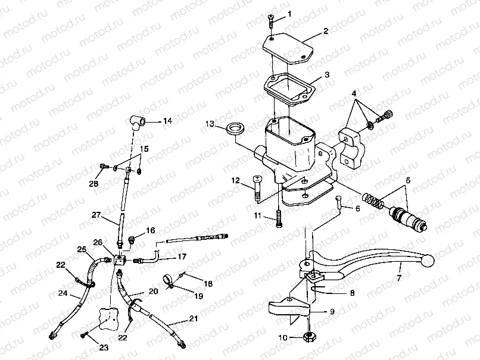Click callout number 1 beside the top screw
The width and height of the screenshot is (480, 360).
[x=289, y=13]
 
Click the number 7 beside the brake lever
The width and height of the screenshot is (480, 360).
[x=398, y=278]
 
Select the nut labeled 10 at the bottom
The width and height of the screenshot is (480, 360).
[x=310, y=337]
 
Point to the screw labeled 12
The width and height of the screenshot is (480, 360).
[x=257, y=189]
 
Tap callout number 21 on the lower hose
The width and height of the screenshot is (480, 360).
[x=193, y=319]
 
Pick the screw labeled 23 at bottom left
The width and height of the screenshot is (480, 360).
[x=88, y=335]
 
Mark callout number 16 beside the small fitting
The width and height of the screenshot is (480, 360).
[x=151, y=230]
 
